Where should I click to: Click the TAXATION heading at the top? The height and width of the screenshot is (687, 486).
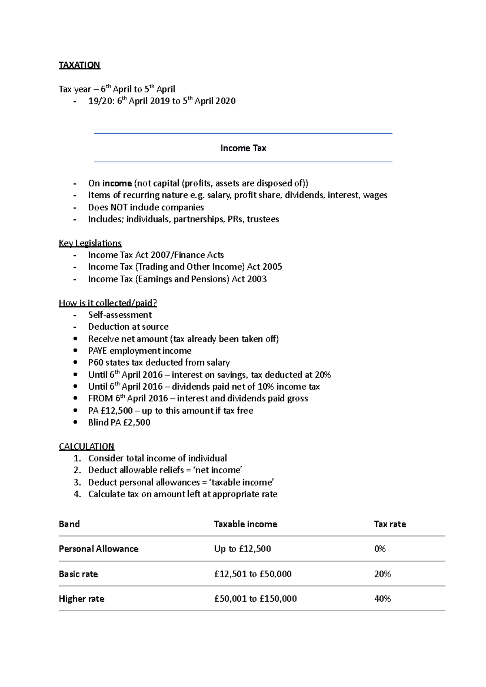point(79,65)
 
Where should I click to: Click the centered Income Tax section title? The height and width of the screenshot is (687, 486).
point(243,148)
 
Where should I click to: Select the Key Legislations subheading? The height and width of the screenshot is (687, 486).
point(90,243)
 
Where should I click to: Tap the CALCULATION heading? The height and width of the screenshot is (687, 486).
point(86,446)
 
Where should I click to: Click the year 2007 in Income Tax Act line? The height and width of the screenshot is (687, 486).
point(160,255)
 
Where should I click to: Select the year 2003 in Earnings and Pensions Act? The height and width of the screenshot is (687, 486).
point(256,279)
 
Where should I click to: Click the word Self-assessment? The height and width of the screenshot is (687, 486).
point(120,315)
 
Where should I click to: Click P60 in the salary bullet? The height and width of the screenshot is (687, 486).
point(96,363)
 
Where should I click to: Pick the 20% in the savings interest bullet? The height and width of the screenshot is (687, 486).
point(323,375)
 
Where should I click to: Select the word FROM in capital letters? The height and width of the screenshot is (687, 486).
point(100,399)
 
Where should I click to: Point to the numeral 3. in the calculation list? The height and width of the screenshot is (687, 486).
point(77,482)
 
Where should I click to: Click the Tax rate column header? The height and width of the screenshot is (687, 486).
point(390,524)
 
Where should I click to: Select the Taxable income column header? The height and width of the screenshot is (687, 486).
point(245,524)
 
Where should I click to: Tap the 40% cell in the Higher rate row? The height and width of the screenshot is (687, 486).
point(382,599)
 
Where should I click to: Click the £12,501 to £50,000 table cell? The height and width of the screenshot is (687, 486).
point(253,574)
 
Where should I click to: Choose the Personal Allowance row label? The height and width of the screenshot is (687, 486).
point(98,549)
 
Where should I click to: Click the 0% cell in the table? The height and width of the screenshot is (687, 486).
point(380,549)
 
